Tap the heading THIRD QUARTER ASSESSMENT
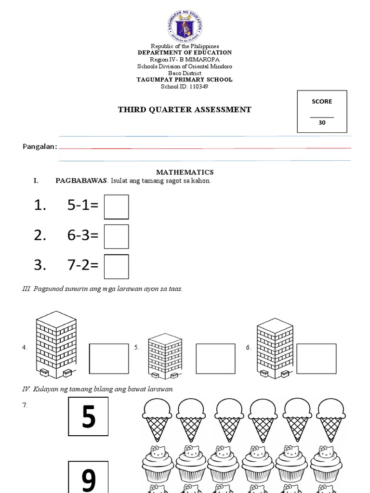[185, 110]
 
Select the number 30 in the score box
[321, 123]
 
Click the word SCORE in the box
[321, 102]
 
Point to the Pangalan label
[40, 146]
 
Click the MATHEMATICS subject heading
[185, 172]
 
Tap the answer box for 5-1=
[117, 207]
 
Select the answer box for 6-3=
[117, 236]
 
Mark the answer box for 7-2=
[117, 266]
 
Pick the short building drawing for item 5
[165, 355]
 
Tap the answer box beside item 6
[316, 359]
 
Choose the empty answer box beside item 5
[215, 359]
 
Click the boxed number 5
[89, 417]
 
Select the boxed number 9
[89, 478]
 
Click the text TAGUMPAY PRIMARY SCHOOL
[185, 80]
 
